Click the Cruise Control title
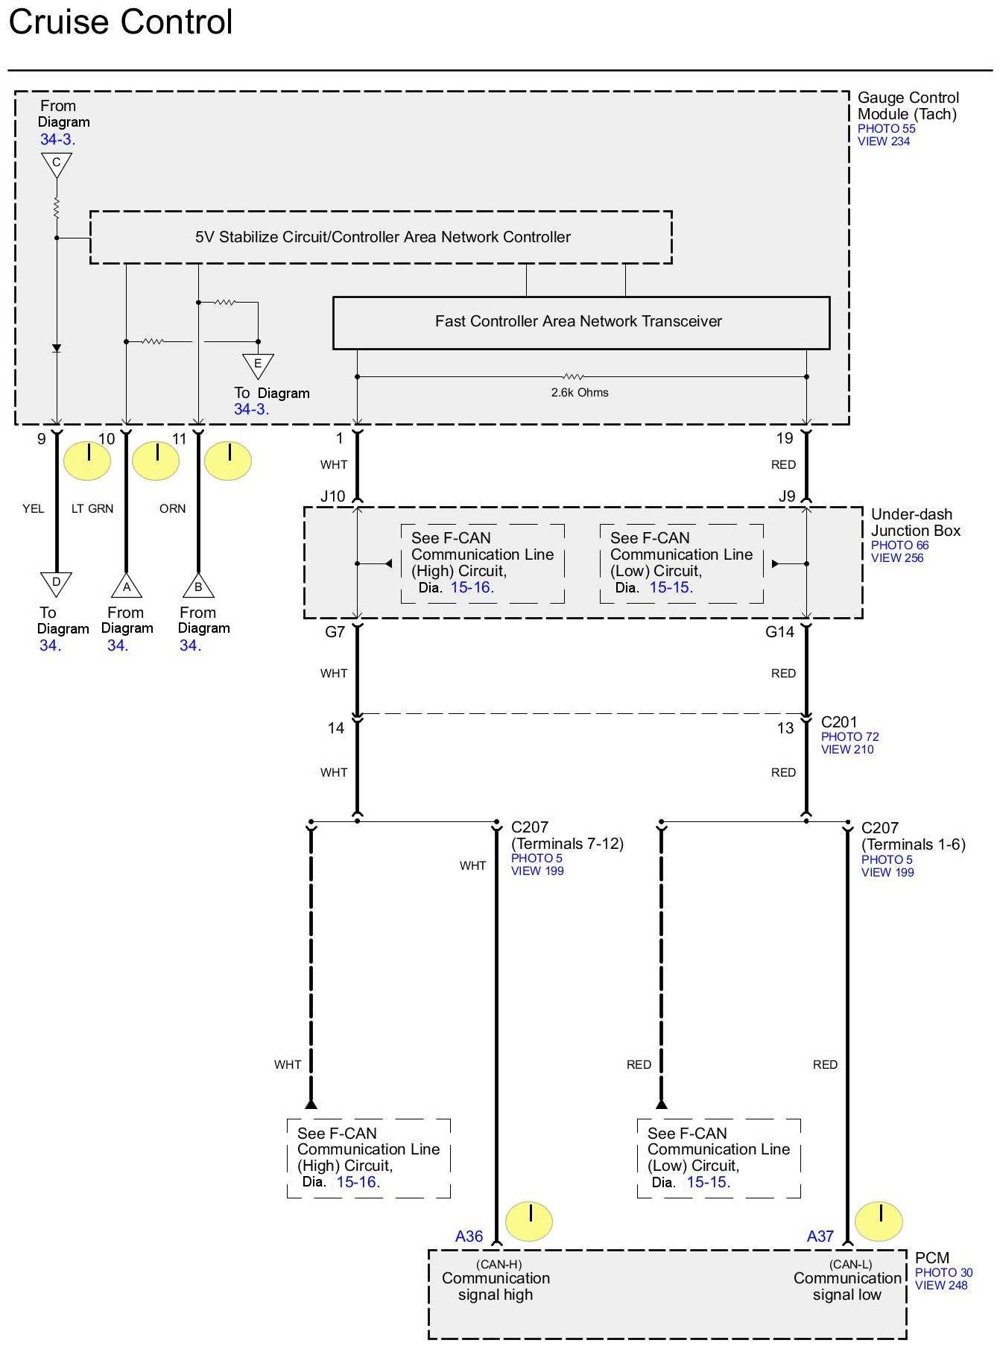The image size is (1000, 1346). point(121,22)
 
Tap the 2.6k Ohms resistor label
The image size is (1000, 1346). point(580,393)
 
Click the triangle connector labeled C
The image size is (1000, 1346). point(56,163)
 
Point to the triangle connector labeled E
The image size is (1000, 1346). point(258,364)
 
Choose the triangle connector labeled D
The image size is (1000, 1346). point(56,583)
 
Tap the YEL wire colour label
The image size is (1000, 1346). point(34,509)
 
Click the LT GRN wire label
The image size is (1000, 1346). point(92,509)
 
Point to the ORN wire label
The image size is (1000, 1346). point(172,509)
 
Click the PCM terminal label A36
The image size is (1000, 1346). point(469,1236)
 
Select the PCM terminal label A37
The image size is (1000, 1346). point(820,1236)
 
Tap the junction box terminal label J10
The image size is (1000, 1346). point(333,496)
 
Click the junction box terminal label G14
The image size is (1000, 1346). point(779,632)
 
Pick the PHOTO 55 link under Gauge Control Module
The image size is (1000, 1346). point(886,129)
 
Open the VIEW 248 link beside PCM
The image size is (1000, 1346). point(941,1285)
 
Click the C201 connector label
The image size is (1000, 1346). point(839,722)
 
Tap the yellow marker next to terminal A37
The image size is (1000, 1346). point(879,1222)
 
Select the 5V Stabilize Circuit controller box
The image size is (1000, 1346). point(382,237)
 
